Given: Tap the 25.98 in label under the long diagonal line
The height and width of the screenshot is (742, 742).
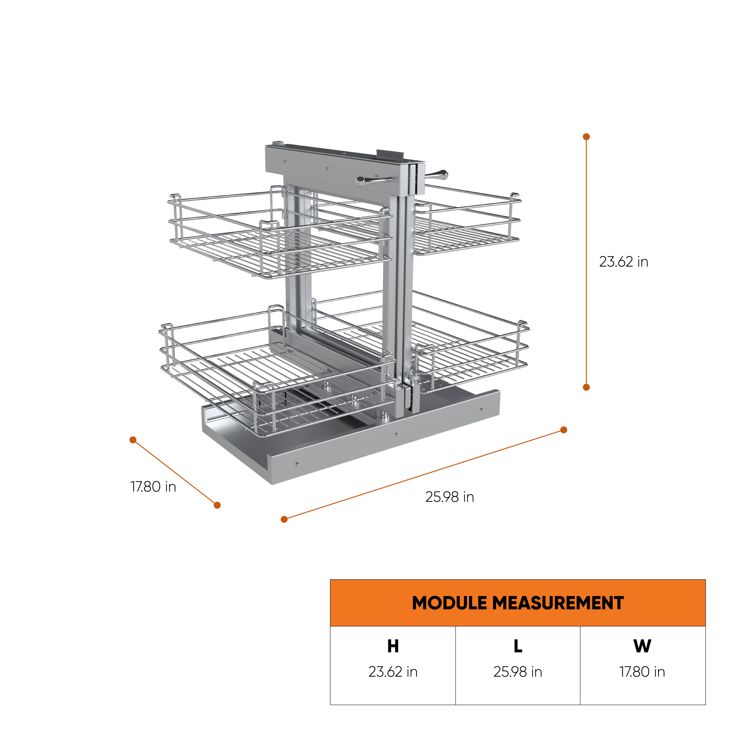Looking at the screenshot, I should pos(449,497).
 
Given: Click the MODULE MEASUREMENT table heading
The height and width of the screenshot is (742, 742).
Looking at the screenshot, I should pos(517,603).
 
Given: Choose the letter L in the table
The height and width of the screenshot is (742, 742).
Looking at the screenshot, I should pos(517,646).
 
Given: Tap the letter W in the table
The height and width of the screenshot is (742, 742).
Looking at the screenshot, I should pos(642,646).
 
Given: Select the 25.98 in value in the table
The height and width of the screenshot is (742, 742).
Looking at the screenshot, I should pos(517,672).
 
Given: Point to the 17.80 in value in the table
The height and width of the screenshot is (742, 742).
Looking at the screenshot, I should pos(642,672).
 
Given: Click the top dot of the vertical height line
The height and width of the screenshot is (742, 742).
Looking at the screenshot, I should pos(586,137).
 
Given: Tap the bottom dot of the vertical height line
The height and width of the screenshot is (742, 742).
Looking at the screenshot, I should pos(586,387).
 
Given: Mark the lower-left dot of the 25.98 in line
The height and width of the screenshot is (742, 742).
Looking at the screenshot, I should pos(284,519).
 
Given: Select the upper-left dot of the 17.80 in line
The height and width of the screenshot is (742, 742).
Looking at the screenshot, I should pos(133,440).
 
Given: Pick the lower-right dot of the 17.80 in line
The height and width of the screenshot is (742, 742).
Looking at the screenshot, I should pos(217,505).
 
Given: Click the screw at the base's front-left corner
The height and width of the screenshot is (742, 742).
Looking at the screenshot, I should pos(297,464).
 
